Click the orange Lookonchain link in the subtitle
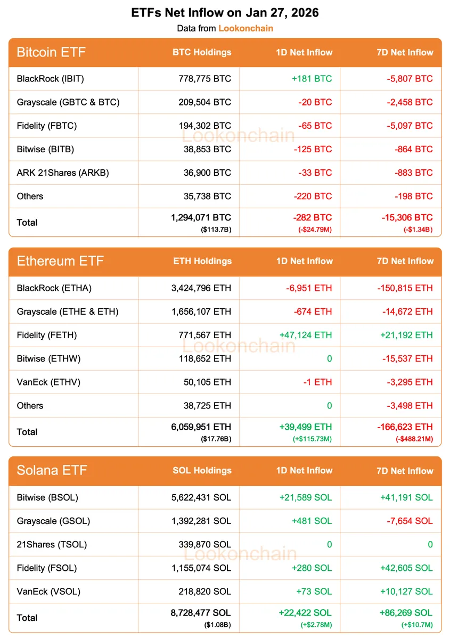click(246, 28)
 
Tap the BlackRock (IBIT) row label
click(51, 79)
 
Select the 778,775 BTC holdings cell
click(205, 79)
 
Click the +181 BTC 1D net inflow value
click(312, 79)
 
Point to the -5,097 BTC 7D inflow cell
click(409, 126)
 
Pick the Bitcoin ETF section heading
click(51, 52)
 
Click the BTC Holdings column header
click(202, 52)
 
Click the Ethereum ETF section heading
click(60, 261)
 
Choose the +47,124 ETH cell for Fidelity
click(305, 335)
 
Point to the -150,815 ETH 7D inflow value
click(405, 288)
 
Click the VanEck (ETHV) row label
click(49, 382)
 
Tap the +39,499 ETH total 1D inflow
click(305, 427)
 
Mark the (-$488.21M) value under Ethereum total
click(414, 438)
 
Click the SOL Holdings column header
click(202, 471)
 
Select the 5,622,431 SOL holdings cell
click(201, 497)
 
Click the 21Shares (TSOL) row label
click(52, 544)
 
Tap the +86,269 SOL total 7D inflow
click(406, 613)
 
